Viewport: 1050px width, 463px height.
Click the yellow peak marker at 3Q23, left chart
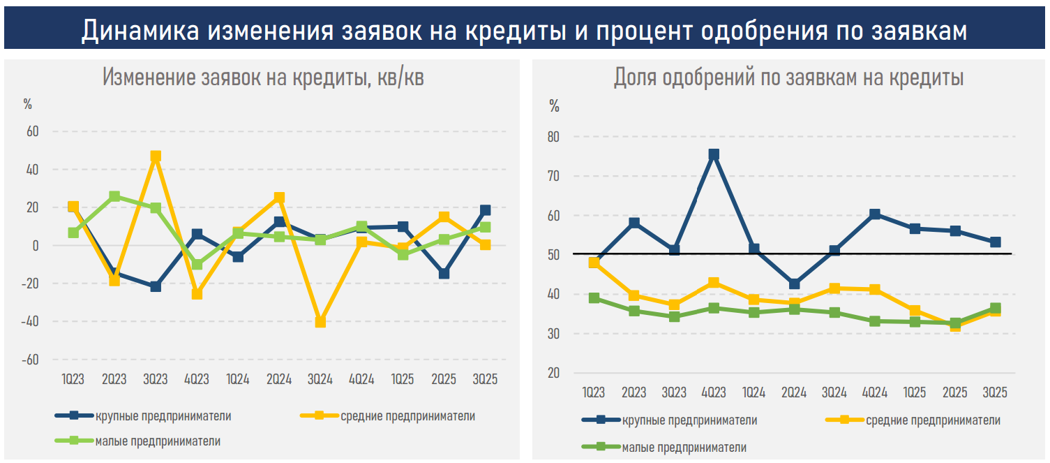tap(156, 156)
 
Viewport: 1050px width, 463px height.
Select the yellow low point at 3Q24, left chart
tap(320, 322)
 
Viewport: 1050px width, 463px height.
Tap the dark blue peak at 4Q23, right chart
tap(714, 155)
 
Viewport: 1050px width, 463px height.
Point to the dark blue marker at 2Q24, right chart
tap(794, 284)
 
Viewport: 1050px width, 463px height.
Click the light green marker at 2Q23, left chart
tap(114, 197)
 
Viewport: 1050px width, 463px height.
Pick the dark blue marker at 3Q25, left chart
tap(485, 210)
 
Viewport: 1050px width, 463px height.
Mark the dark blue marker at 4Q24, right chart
tap(875, 214)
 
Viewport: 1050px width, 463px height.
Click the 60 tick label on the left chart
tap(33, 131)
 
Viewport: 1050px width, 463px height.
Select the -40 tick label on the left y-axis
tap(30, 322)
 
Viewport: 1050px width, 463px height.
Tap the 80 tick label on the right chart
tap(553, 137)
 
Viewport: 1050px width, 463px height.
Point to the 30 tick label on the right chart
tap(553, 334)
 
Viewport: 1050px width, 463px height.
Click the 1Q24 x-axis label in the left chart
tap(238, 379)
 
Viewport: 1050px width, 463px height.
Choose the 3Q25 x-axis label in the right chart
tap(995, 393)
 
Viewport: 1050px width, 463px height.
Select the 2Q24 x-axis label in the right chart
tap(794, 393)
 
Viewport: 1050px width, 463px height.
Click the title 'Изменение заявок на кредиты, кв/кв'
tap(263, 78)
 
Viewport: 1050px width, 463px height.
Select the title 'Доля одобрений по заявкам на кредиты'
tap(788, 78)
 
